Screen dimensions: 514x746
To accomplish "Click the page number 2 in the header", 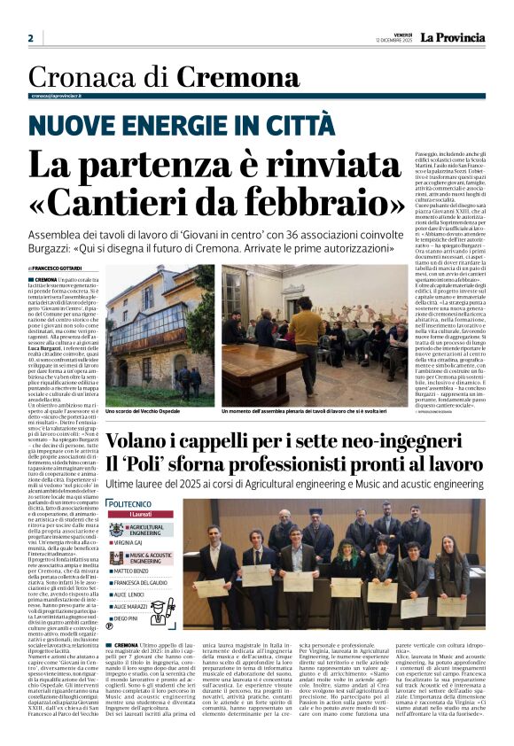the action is coord(30,38).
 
